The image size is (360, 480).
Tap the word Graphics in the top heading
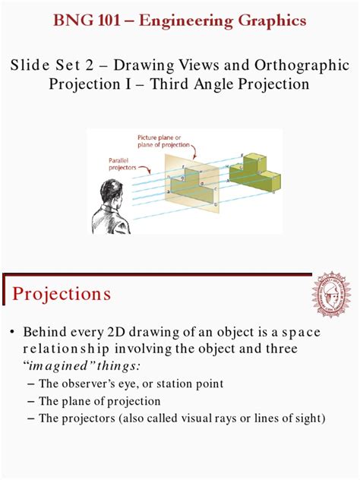click(270, 20)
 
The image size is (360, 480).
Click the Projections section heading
click(62, 293)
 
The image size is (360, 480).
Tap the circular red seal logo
click(331, 294)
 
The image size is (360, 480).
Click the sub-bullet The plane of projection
click(99, 401)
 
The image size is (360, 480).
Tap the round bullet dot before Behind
click(12, 333)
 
